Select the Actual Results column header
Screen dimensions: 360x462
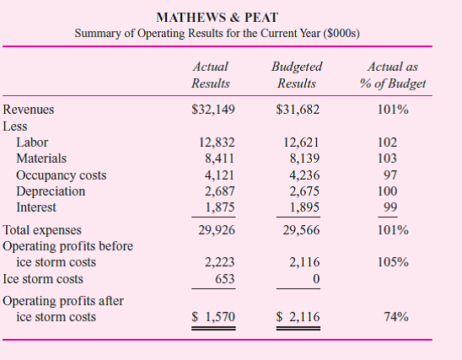tap(211, 74)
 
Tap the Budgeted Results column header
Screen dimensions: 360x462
tap(297, 74)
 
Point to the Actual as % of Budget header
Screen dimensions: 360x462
tap(392, 74)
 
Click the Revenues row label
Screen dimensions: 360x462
tap(28, 110)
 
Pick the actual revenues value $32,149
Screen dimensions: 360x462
tap(213, 110)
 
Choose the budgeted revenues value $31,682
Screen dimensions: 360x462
tap(298, 110)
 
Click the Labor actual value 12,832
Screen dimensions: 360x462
tap(218, 142)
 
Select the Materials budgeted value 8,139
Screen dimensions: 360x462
tap(303, 158)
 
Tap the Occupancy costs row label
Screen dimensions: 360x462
tap(60, 175)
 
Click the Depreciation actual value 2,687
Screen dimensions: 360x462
tap(221, 191)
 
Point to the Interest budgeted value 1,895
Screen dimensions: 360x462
tap(304, 207)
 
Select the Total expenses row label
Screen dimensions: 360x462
tap(43, 230)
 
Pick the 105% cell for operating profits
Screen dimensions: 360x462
tap(393, 262)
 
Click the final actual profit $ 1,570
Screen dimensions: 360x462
tap(214, 317)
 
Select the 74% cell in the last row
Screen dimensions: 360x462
tap(395, 317)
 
